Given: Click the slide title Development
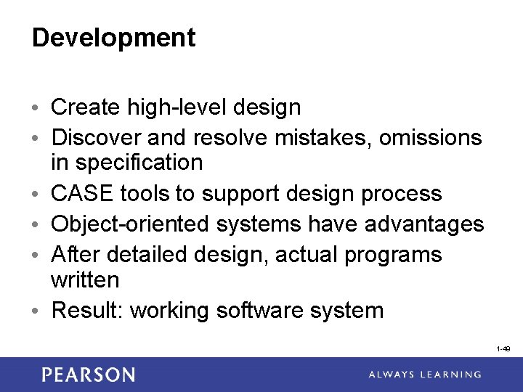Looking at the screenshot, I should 113,38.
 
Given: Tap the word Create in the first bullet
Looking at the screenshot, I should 85,107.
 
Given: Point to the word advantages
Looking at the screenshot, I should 424,224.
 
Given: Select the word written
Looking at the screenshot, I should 84,279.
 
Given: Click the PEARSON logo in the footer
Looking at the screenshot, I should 88,375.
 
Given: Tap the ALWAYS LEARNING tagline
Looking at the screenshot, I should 424,375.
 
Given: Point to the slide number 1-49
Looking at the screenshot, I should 503,349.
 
